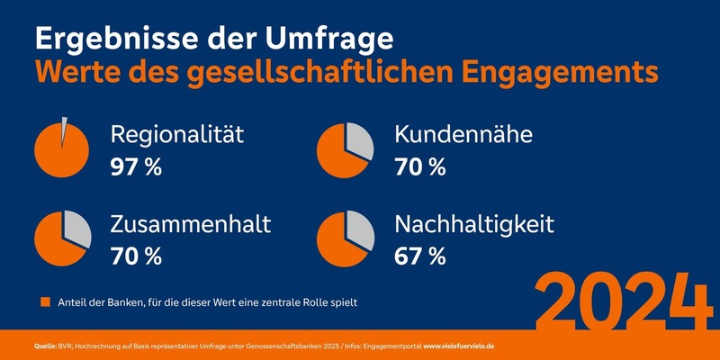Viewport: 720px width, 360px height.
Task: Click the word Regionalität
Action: click(177, 136)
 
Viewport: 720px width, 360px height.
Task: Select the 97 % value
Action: click(136, 166)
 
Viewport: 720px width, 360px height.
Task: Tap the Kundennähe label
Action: click(463, 136)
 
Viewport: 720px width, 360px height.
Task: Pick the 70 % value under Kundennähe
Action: click(420, 166)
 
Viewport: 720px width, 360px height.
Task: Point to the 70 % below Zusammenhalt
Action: click(136, 256)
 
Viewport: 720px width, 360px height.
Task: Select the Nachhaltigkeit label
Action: click(477, 224)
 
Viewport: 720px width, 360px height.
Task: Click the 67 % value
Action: click(419, 256)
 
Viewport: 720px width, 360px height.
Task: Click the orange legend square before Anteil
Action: click(45, 302)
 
